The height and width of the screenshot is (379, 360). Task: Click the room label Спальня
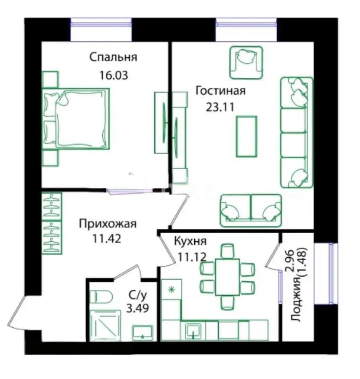coord(113,57)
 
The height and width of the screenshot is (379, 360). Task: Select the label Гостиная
coord(220,90)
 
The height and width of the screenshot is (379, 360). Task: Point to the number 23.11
coord(220,107)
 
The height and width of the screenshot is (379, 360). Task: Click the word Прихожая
coord(108,224)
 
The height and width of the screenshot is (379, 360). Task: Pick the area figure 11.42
coord(107,240)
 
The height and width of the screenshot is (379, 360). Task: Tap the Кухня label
coord(190,241)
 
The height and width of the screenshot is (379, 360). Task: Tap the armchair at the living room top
coord(246,61)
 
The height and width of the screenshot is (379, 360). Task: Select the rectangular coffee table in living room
coord(246,136)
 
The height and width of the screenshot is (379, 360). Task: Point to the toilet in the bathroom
coord(101,297)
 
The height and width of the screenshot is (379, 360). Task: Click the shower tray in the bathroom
coord(102,325)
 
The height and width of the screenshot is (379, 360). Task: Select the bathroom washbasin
coord(143,333)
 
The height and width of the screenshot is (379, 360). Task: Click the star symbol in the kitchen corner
coord(171,289)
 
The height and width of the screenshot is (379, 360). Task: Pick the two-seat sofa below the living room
coord(250,208)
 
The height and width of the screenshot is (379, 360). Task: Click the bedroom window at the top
coord(101,30)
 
